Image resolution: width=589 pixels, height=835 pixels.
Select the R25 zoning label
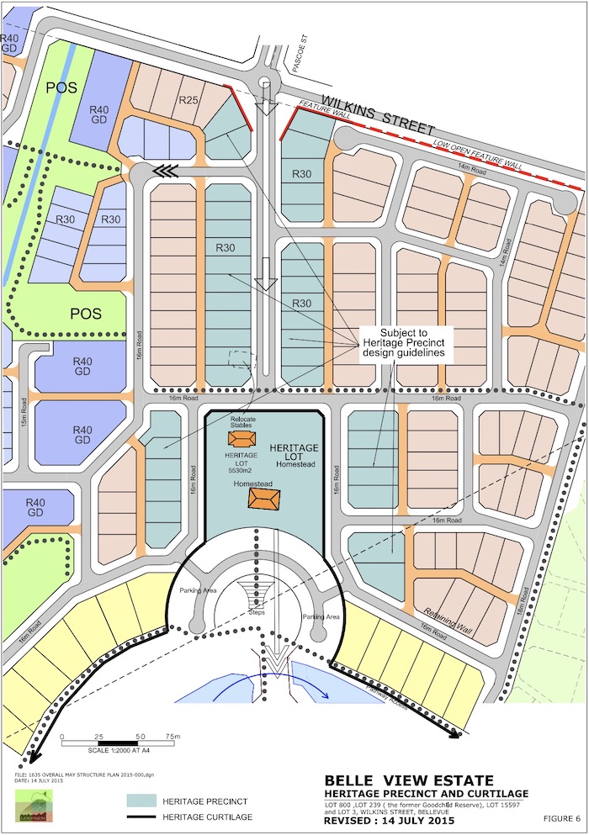[188, 102]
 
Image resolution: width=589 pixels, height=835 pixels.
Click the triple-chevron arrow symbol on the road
[165, 171]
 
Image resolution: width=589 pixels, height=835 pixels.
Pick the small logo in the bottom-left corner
[33, 805]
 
